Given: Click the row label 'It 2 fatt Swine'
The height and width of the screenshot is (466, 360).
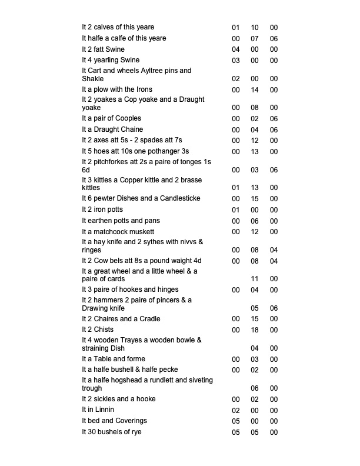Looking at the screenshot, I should pos(103,49).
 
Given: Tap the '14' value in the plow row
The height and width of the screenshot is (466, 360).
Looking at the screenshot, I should pos(255,90).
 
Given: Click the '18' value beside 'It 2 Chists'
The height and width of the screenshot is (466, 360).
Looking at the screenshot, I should pos(255,330).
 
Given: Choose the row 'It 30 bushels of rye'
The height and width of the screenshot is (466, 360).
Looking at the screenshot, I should pos(111,432).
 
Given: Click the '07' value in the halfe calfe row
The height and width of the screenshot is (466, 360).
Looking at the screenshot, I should pos(255,39).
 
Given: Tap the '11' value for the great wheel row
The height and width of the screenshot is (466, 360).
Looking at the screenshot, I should pos(255,279).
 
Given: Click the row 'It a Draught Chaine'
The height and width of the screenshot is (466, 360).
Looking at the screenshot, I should pos(112,129).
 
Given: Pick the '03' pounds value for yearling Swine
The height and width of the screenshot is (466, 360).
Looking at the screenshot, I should pos(236,61).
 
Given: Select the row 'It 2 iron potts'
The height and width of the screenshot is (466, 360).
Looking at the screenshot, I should pos(102,210).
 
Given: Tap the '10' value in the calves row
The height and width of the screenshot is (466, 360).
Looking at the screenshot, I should pos(255,28).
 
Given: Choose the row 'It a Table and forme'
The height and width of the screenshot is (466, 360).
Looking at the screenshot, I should pos(113,360).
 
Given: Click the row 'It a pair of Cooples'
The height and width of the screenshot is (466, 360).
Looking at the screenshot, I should pos(111,119).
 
